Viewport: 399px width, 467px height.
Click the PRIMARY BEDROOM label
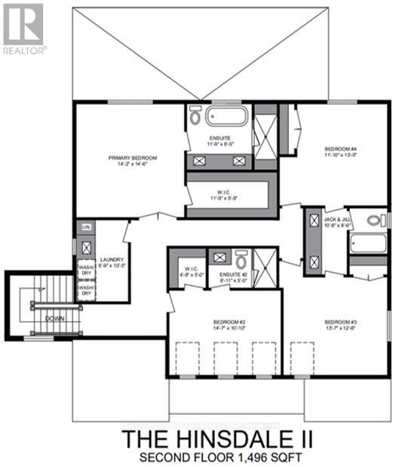click(x=132, y=158)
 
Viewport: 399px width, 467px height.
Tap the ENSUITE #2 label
click(x=229, y=274)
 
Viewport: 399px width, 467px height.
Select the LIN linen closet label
click(x=85, y=227)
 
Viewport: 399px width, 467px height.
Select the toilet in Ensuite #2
click(x=241, y=258)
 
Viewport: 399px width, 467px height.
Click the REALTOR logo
click(x=24, y=28)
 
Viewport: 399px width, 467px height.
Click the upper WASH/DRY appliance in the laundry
click(x=86, y=268)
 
